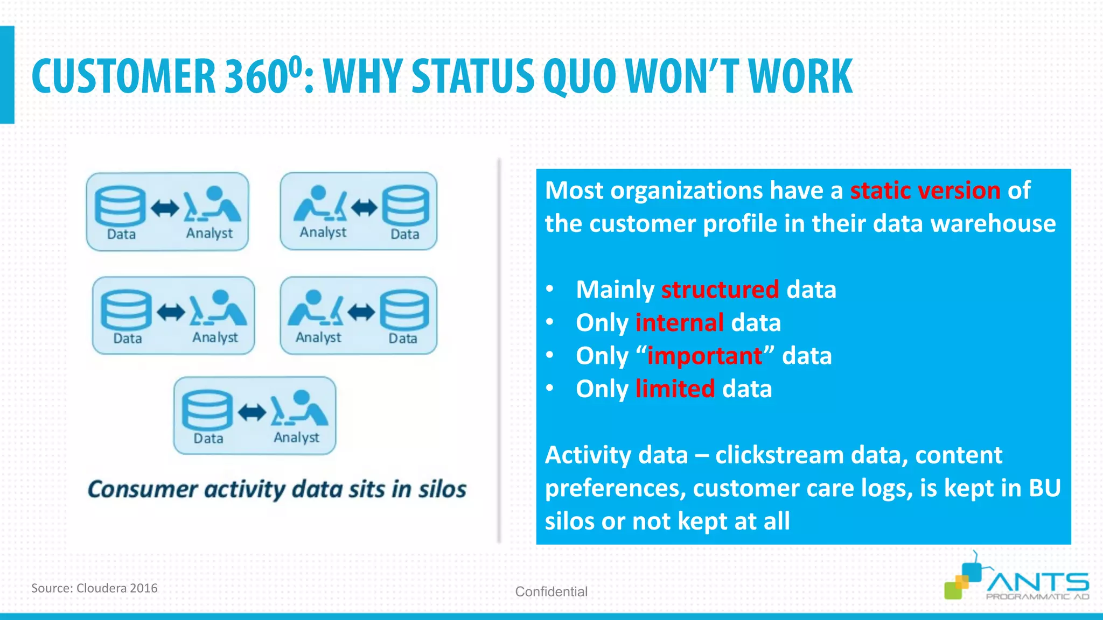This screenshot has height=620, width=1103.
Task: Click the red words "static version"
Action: (925, 191)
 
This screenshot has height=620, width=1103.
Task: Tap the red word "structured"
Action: (720, 290)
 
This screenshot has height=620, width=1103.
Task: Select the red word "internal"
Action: (680, 323)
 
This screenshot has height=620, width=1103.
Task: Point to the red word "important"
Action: (705, 356)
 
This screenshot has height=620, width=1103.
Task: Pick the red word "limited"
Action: (675, 389)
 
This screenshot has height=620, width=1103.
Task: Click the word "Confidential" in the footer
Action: (551, 591)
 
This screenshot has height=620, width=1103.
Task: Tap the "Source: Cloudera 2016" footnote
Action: (94, 588)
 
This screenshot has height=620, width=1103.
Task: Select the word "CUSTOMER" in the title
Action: (123, 76)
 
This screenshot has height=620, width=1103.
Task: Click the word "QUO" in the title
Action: (580, 76)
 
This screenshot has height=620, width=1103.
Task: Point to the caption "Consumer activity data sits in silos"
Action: (277, 489)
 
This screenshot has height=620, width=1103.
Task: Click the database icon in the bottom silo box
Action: (207, 410)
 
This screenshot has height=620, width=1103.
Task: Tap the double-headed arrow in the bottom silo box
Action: (252, 412)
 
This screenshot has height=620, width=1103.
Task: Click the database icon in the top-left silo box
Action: (120, 206)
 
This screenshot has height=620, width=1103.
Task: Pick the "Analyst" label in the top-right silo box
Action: (323, 232)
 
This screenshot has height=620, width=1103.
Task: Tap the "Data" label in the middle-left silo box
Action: (128, 339)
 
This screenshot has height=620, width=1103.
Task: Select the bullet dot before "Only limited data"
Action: (549, 389)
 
